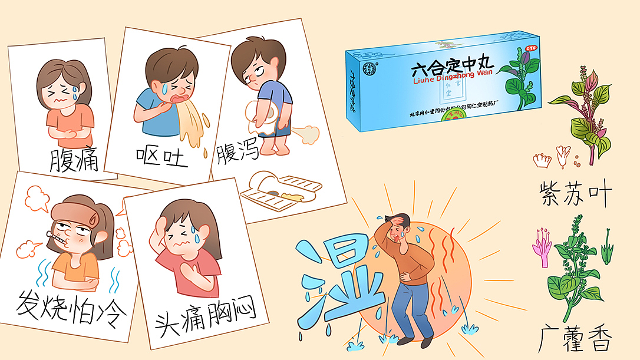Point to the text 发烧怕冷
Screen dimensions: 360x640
pyautogui.click(x=71, y=309)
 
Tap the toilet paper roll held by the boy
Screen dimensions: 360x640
pyautogui.click(x=259, y=113)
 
